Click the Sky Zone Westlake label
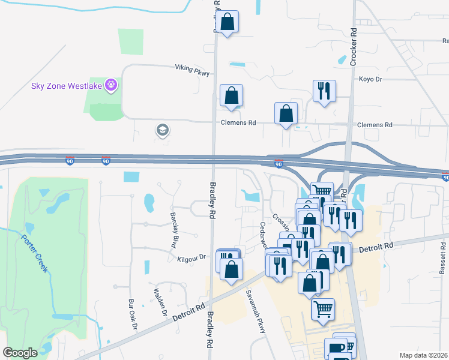[x=66, y=86]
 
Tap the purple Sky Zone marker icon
[x=110, y=86]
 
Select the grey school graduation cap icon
[x=161, y=130]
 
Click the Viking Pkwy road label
[x=192, y=70]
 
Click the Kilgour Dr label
[x=191, y=257]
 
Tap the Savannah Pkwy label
[x=255, y=306]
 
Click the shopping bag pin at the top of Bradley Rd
[x=228, y=23]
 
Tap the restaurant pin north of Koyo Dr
[x=324, y=91]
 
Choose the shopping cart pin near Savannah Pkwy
[x=323, y=310]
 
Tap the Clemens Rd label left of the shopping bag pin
[x=244, y=123]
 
